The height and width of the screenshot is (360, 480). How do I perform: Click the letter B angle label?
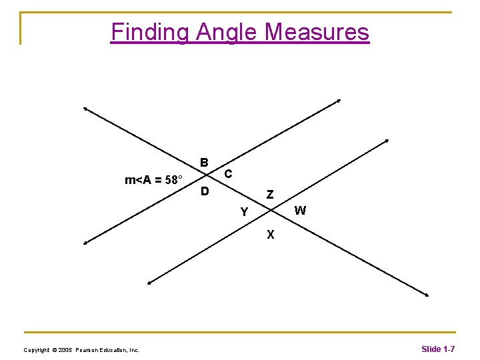coord(205,162)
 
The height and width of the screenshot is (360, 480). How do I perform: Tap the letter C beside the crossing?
coord(228,174)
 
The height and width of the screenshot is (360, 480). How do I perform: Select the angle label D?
coord(205,192)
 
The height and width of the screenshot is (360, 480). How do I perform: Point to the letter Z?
coord(269,195)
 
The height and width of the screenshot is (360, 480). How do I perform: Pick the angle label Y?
coord(245,213)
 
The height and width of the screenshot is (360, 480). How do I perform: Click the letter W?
coord(300,211)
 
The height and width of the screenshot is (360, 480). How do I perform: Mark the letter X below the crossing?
coord(270,234)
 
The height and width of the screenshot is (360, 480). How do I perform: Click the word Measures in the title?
coord(317,32)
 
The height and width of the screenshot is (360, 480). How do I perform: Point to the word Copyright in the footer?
coord(36,350)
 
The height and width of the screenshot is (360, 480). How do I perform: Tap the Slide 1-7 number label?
coord(438,349)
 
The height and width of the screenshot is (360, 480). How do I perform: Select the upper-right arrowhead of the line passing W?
coord(387,140)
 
